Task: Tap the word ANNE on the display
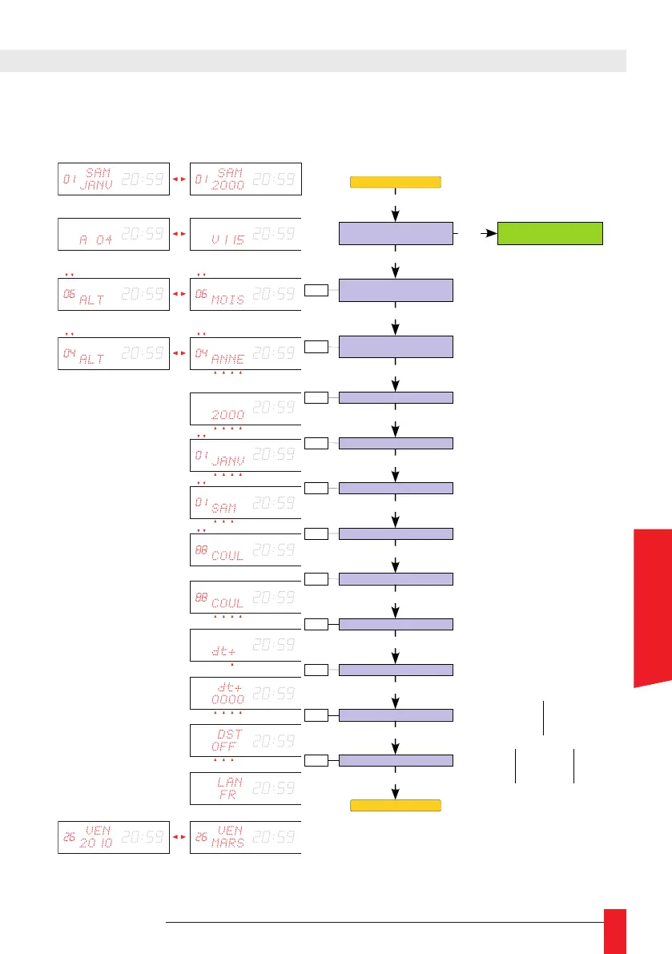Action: pos(227,359)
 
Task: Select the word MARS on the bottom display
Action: pos(227,843)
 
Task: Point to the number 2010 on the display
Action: pos(97,843)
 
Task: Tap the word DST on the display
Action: pos(229,733)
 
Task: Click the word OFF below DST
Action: pos(227,746)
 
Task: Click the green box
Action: pos(550,233)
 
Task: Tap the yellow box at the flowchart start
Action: pos(396,182)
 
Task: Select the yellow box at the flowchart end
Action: pos(396,805)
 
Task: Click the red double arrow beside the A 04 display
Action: pos(179,234)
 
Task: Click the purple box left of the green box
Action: pos(396,233)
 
